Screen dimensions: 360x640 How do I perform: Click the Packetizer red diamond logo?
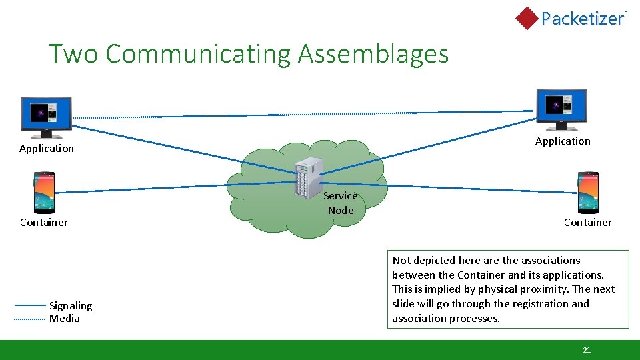coord(527,18)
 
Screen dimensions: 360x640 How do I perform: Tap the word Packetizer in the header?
coord(582,19)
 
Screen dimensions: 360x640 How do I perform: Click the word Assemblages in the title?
coord(373,54)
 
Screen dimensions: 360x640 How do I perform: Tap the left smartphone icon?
coord(44,193)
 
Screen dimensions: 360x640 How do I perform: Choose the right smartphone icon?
coord(588,192)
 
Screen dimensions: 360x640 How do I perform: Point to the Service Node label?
coord(341,203)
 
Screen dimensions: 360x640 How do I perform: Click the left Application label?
coord(47,149)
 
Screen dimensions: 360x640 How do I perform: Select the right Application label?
coord(563,141)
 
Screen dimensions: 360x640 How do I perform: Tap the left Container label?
coord(44,223)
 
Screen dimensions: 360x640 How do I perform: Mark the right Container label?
coord(587,223)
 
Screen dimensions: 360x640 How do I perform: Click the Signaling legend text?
coord(71,306)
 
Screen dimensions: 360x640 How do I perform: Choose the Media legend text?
coord(65,319)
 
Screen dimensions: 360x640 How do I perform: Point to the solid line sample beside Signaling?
coord(30,305)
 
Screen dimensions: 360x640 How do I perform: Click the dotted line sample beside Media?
coord(30,319)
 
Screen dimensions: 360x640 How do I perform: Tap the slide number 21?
coord(587,350)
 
